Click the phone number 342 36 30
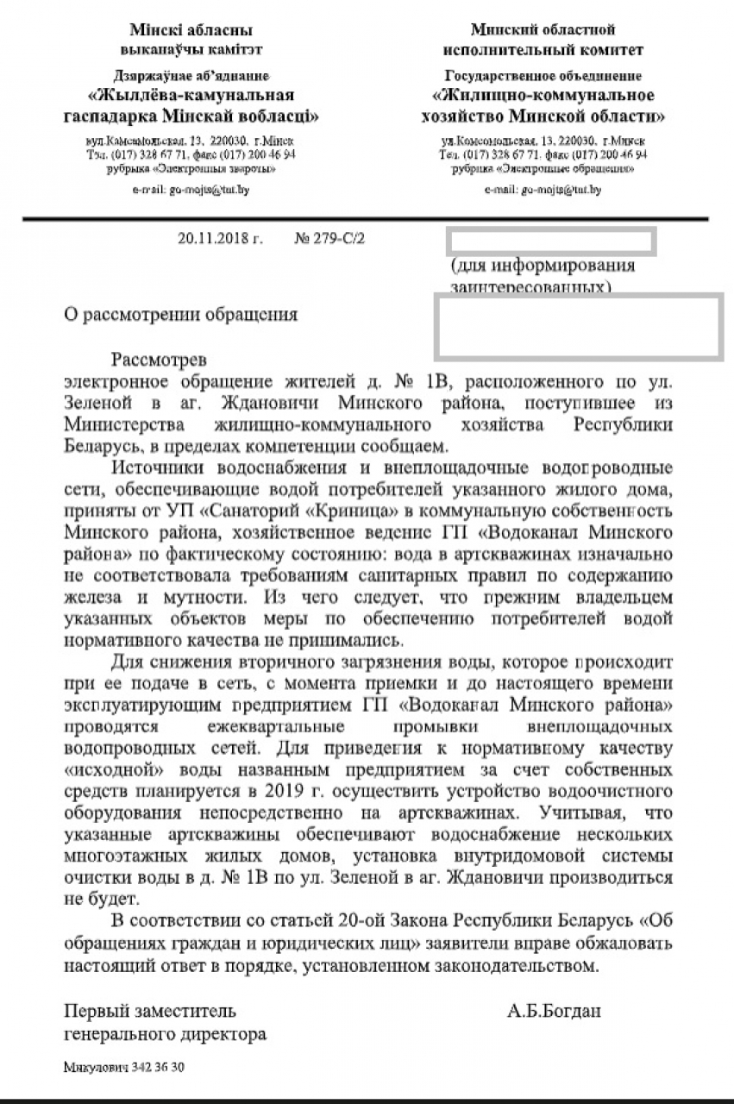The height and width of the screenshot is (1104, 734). [158, 1067]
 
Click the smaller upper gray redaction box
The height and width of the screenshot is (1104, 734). [552, 241]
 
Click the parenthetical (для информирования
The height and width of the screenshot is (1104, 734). [543, 266]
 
